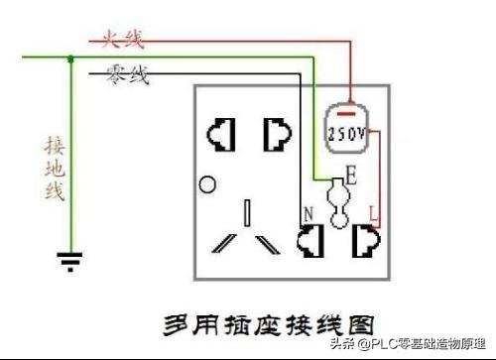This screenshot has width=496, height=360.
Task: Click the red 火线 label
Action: tap(121, 40)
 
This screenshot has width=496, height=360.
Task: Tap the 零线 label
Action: tap(126, 74)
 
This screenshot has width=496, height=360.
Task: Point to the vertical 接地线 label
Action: tap(55, 169)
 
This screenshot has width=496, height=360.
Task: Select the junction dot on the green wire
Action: tap(69, 59)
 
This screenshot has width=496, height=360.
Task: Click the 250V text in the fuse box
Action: tap(346, 133)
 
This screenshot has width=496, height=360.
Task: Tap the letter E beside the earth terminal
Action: tap(351, 179)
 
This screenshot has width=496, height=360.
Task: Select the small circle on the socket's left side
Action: tap(207, 183)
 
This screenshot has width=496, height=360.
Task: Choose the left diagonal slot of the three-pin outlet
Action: tap(222, 244)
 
